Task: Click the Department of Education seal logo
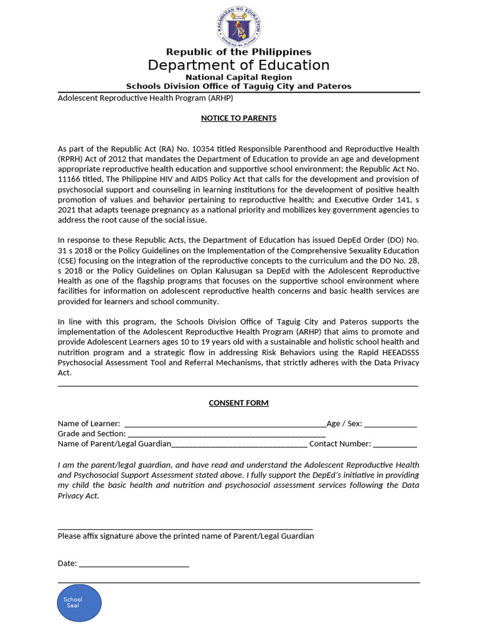238,26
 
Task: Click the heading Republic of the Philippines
238,52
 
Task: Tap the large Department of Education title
238,65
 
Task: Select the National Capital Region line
238,77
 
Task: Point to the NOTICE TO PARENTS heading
238,118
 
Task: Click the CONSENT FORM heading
238,403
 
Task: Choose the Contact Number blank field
395,445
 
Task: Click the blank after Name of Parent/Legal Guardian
239,445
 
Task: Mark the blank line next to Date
134,564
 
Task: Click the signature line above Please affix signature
185,528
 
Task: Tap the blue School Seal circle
78,603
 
